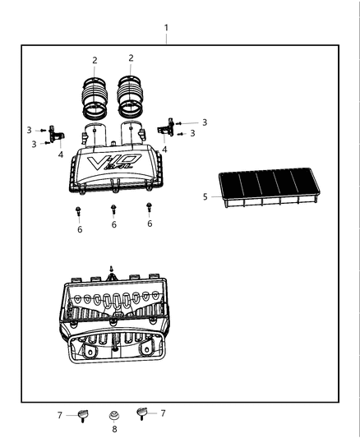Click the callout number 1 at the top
click(x=167, y=28)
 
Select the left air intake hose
click(x=96, y=97)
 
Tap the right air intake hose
click(x=132, y=96)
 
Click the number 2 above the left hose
click(x=95, y=60)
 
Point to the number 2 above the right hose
click(x=131, y=58)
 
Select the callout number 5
click(x=205, y=196)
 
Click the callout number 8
click(x=114, y=428)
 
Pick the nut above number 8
click(x=114, y=415)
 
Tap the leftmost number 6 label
click(x=79, y=230)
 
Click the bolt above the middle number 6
click(x=113, y=210)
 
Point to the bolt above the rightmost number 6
click(x=149, y=207)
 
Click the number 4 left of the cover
click(x=60, y=154)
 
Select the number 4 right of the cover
click(x=164, y=150)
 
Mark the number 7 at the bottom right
click(x=163, y=413)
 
